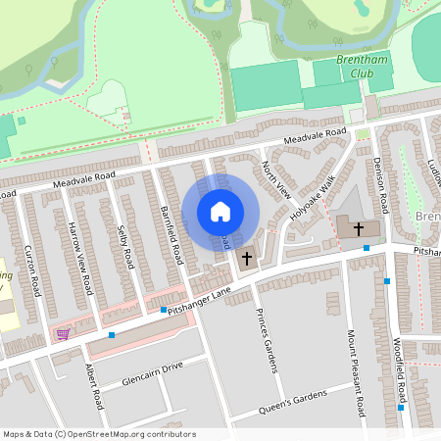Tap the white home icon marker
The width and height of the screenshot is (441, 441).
[220, 211]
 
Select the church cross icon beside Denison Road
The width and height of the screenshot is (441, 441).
[359, 228]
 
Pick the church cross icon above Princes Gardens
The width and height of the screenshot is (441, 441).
[246, 259]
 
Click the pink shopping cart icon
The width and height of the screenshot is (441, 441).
[64, 334]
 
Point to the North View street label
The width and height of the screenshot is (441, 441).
[278, 180]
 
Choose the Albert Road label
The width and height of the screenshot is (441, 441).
[94, 387]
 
